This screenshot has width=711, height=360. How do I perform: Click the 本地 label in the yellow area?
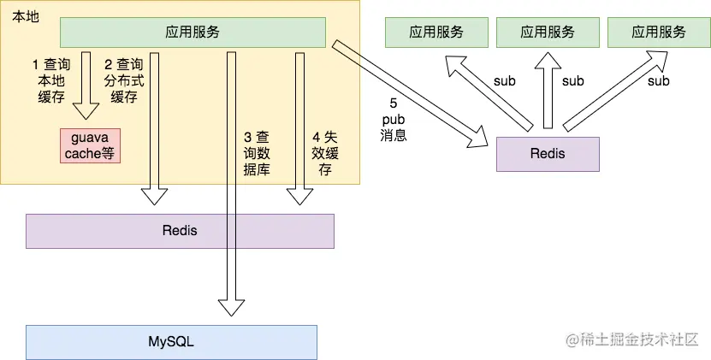[x=26, y=17]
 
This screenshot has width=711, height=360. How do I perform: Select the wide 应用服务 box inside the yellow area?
[x=193, y=32]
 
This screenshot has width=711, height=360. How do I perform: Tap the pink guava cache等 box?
[x=90, y=145]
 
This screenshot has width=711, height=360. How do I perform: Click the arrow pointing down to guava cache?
[x=86, y=86]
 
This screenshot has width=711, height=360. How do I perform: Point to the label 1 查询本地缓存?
[x=51, y=80]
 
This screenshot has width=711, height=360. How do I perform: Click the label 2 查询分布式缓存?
[x=124, y=80]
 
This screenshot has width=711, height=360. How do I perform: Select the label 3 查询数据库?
[x=257, y=153]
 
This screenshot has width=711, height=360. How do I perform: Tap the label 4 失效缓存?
[x=324, y=153]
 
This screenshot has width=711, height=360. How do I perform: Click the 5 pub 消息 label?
[x=393, y=120]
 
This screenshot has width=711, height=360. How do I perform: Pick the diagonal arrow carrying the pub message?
[x=410, y=94]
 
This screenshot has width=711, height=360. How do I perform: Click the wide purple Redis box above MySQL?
[x=180, y=231]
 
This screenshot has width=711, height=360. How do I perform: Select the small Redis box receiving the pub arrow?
[x=548, y=154]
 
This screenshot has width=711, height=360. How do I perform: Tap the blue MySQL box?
[x=171, y=342]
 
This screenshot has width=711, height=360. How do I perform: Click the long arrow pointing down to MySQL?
[x=231, y=184]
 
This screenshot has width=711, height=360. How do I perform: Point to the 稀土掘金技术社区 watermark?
[x=631, y=339]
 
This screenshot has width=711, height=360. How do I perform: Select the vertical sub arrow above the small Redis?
[x=548, y=91]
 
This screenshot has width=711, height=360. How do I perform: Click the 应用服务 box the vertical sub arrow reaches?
[x=548, y=32]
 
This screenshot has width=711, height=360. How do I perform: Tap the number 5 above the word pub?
[x=393, y=103]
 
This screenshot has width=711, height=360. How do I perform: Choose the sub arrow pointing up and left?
[x=489, y=93]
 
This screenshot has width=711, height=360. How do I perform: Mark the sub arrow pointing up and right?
[x=615, y=91]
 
